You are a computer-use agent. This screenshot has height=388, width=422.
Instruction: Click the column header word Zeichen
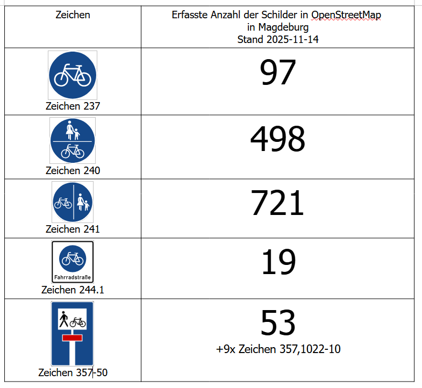click(73, 15)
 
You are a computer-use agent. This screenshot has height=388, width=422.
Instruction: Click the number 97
click(278, 73)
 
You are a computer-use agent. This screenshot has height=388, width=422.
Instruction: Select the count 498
click(277, 139)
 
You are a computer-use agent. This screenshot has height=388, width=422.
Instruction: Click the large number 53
click(278, 322)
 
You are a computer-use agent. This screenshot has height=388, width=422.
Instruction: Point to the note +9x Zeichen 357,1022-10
click(278, 349)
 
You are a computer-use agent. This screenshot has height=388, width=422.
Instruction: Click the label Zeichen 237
click(73, 106)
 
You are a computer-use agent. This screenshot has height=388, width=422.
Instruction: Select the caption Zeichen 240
click(73, 170)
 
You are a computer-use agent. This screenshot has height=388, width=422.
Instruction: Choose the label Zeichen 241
click(73, 229)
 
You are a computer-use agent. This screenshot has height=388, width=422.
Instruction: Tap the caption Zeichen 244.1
click(73, 290)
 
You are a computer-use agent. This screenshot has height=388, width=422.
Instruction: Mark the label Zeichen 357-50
click(73, 372)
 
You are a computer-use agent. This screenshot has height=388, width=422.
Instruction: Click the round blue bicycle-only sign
click(73, 75)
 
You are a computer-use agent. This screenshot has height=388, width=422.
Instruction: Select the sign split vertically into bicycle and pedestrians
click(73, 202)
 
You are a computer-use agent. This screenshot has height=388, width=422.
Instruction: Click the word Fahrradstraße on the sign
click(73, 278)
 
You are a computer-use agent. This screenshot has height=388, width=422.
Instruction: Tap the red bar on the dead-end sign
click(72, 338)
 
